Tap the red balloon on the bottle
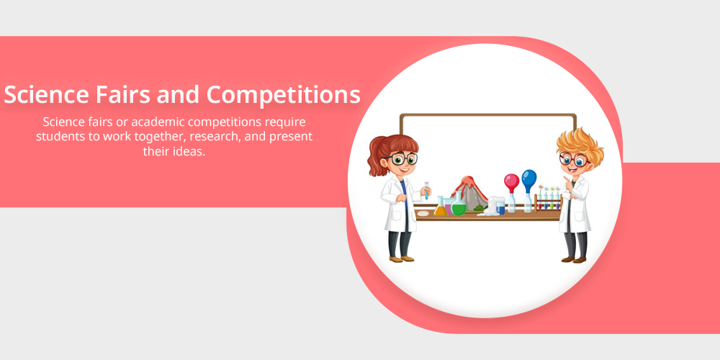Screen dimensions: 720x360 coord(511,183)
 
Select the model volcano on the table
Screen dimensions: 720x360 coord(469,193)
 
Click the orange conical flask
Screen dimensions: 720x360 coord(441,207)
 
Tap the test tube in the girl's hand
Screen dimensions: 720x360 coord(426,189)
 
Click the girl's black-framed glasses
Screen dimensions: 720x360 coord(402,159)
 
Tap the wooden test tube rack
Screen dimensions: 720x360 coord(548,202)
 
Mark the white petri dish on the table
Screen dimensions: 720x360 coord(423,213)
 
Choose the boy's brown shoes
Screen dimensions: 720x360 coord(574,260)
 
